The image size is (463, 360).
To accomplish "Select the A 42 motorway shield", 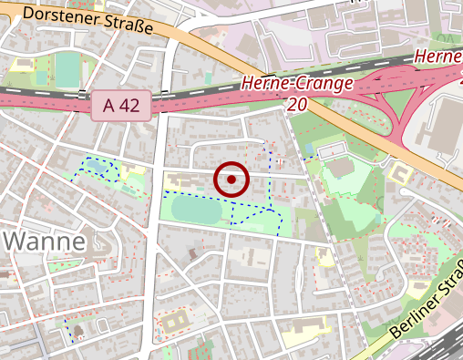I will pos(121,106).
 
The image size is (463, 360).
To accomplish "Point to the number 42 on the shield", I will pos(129,106).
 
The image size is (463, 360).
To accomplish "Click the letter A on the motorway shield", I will pos(108,106).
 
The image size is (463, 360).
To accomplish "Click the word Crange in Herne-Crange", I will pos(320,85).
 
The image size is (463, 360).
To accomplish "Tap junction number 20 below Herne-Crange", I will pos(295,106).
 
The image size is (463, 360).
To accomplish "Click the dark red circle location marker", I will pos(231,180).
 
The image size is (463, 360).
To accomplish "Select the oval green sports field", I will pos(195,212).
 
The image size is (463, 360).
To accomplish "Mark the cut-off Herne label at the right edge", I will pos(438,57).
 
